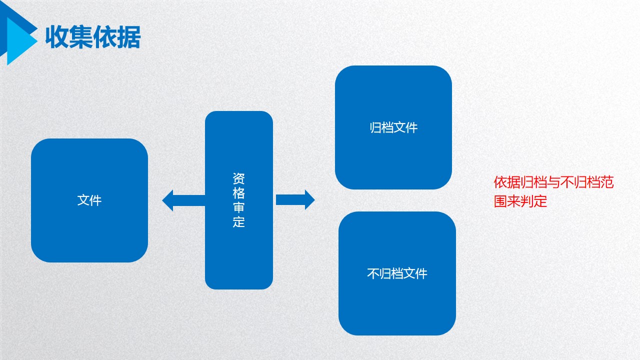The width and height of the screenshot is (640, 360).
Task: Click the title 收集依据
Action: coord(93,37)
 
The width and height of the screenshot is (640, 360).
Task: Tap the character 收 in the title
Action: coord(57,37)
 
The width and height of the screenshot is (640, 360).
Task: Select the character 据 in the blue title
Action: coord(129,37)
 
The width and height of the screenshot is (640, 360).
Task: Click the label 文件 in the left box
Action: coord(89,200)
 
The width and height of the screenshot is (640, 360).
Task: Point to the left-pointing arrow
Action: coord(183,200)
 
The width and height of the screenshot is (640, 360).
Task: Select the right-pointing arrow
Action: coord(295,199)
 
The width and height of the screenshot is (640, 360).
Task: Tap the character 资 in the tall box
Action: coord(239,178)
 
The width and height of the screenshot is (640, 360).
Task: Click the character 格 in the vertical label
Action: coord(239,193)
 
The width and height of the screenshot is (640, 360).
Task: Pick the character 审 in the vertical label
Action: coord(239,207)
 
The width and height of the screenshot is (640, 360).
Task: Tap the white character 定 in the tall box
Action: coord(239,221)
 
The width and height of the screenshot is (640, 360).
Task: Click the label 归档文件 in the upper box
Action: coord(393,127)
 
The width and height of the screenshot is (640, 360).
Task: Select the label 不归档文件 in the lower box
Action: coord(397,273)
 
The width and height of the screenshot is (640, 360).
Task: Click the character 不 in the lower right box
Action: coord(373,273)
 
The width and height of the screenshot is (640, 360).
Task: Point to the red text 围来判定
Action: coord(520,201)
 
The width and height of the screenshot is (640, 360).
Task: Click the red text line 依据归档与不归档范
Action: coord(553,182)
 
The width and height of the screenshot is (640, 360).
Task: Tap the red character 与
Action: coord(553,182)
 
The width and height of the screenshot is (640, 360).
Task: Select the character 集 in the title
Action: coord(81,37)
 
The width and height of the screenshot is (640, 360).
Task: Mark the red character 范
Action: coord(607,182)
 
